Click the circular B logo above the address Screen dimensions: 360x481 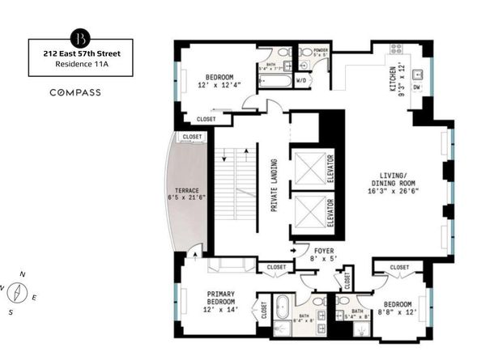(x=80, y=38)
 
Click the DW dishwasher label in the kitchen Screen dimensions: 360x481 (x=415, y=86)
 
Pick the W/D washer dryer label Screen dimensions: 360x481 (x=300, y=81)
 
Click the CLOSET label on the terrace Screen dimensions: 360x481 (x=192, y=138)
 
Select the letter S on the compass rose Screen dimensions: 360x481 (x=11, y=311)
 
